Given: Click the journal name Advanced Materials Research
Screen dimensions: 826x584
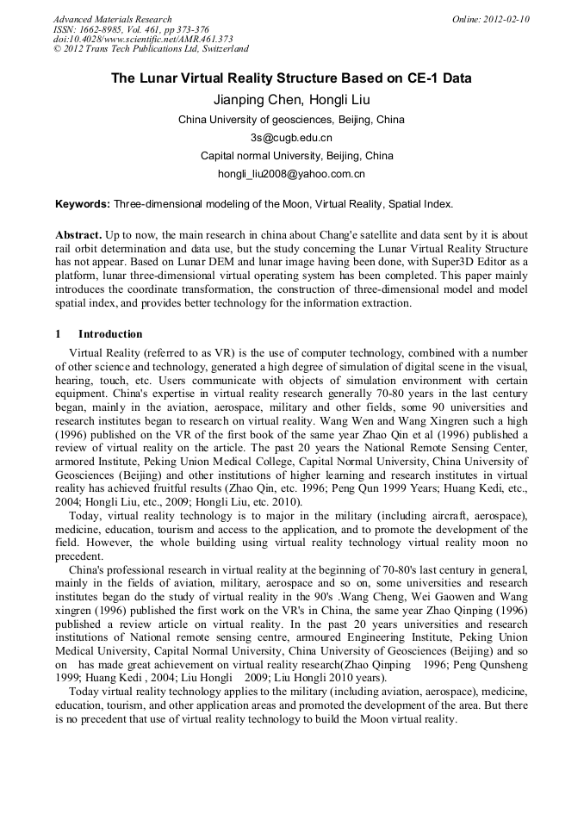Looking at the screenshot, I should coord(113,19).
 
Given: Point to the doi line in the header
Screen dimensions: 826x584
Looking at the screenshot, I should coord(143,40).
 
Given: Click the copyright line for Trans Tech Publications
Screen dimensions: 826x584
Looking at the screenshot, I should coord(151,49).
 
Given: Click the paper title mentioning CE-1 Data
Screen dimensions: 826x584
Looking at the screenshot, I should coord(291,78).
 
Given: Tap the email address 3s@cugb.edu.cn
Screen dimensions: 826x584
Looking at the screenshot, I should coord(291,138).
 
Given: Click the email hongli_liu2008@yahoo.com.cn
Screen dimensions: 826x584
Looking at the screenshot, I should coord(291,174).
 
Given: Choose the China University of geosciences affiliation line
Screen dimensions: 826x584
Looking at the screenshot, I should coord(291,120).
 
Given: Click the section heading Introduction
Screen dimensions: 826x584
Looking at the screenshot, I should coord(110,334).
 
